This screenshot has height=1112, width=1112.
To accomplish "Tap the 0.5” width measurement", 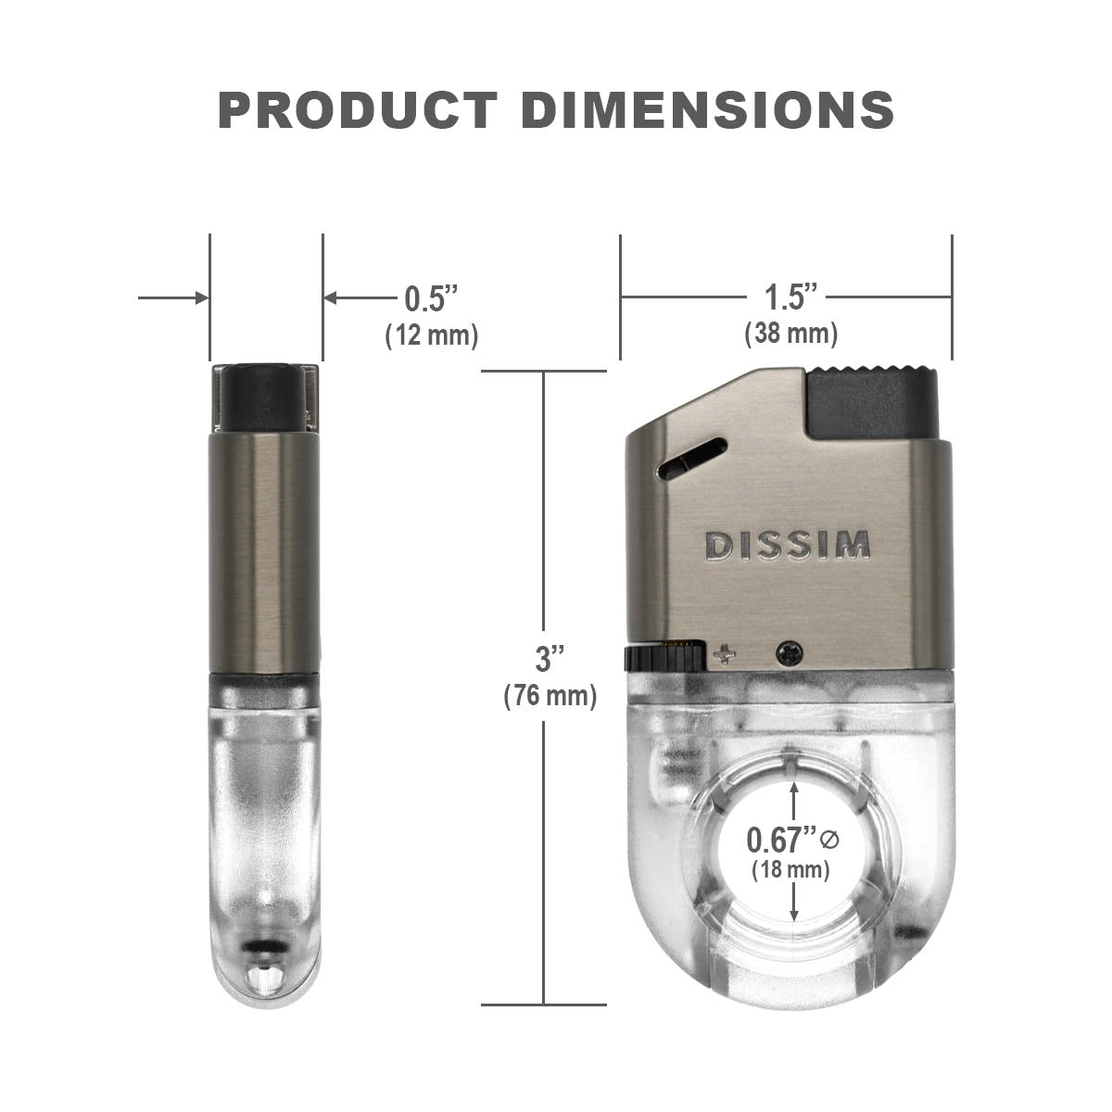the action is coord(431,298).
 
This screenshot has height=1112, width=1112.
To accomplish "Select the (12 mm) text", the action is coord(432,335).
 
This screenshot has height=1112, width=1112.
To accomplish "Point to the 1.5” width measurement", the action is coord(791,297).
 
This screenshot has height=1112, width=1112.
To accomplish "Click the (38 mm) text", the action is coord(791,334).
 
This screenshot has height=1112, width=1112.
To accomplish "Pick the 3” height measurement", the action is coord(549,659).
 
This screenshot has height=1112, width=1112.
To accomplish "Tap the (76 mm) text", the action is coord(550,695).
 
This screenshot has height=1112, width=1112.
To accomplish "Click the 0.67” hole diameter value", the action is coord(782,840).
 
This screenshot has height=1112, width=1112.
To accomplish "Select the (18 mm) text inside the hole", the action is coord(790,869).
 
